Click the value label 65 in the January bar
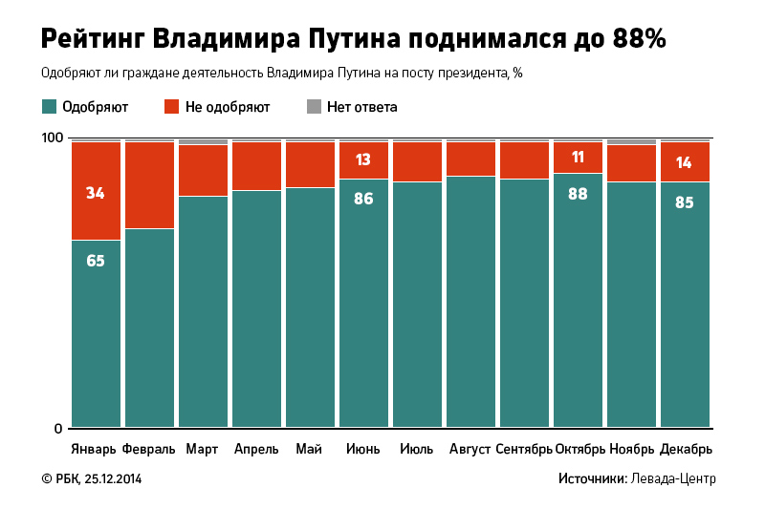(x=96, y=260)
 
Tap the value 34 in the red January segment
(x=96, y=193)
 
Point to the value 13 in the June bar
(x=363, y=159)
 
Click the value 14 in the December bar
(x=684, y=162)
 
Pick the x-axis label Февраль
(x=148, y=449)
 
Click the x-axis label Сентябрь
(x=524, y=449)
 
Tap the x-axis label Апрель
(x=256, y=449)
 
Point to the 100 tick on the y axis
(x=52, y=138)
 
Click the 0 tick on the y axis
(x=57, y=428)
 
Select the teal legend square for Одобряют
(x=49, y=107)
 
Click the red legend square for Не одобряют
(x=173, y=107)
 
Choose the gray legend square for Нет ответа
(x=314, y=107)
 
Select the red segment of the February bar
(x=149, y=185)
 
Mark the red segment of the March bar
(x=203, y=171)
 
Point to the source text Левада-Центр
(x=673, y=478)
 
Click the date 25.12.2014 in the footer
(x=113, y=478)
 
